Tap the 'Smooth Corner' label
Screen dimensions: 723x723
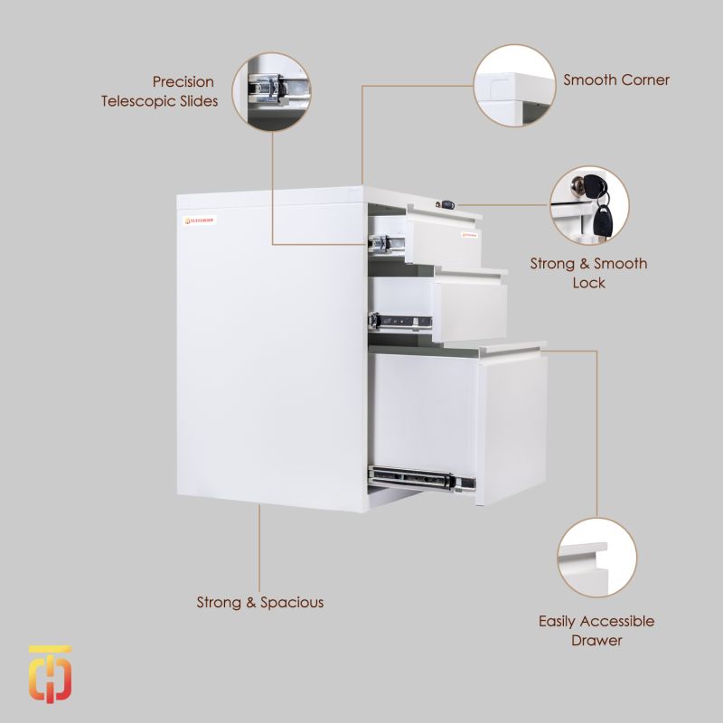click(616, 80)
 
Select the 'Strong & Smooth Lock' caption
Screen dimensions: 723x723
click(588, 273)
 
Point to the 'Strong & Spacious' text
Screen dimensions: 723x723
click(260, 602)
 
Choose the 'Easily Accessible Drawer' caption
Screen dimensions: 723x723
click(596, 631)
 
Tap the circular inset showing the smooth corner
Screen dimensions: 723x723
click(514, 87)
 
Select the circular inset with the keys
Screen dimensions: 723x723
click(591, 206)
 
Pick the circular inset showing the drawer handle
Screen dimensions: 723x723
click(596, 557)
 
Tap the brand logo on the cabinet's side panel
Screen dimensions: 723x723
click(200, 219)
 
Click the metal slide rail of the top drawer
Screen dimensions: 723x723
click(383, 241)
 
